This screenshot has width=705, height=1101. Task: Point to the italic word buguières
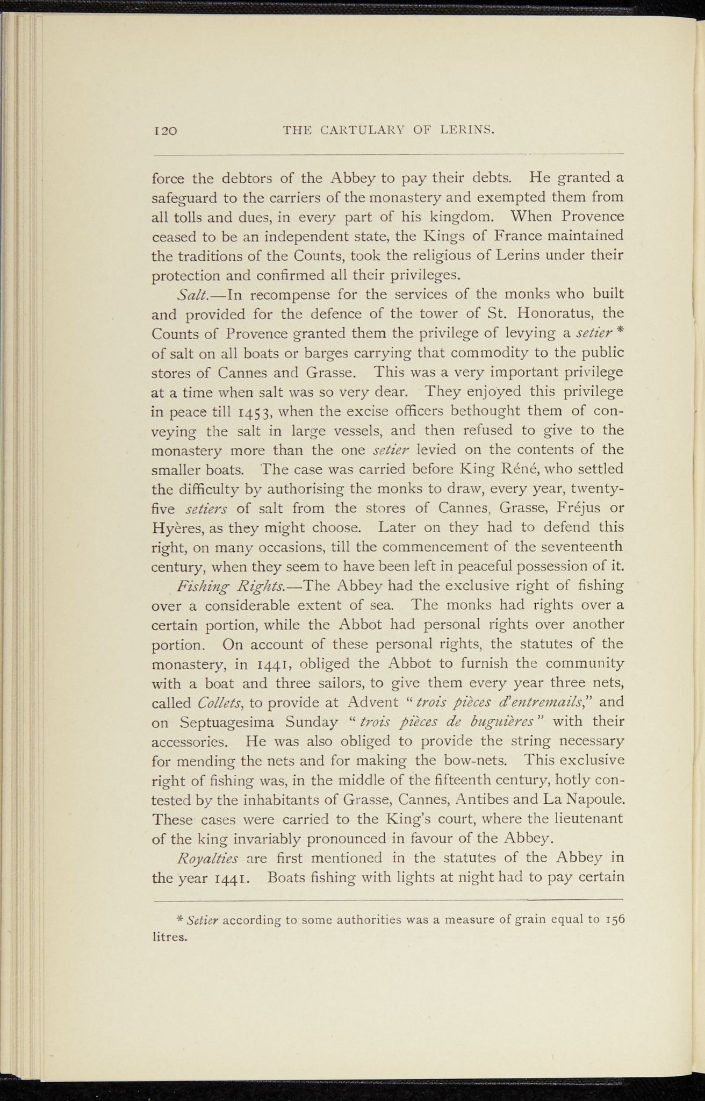click(x=503, y=722)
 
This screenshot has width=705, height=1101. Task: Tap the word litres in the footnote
click(x=170, y=938)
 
